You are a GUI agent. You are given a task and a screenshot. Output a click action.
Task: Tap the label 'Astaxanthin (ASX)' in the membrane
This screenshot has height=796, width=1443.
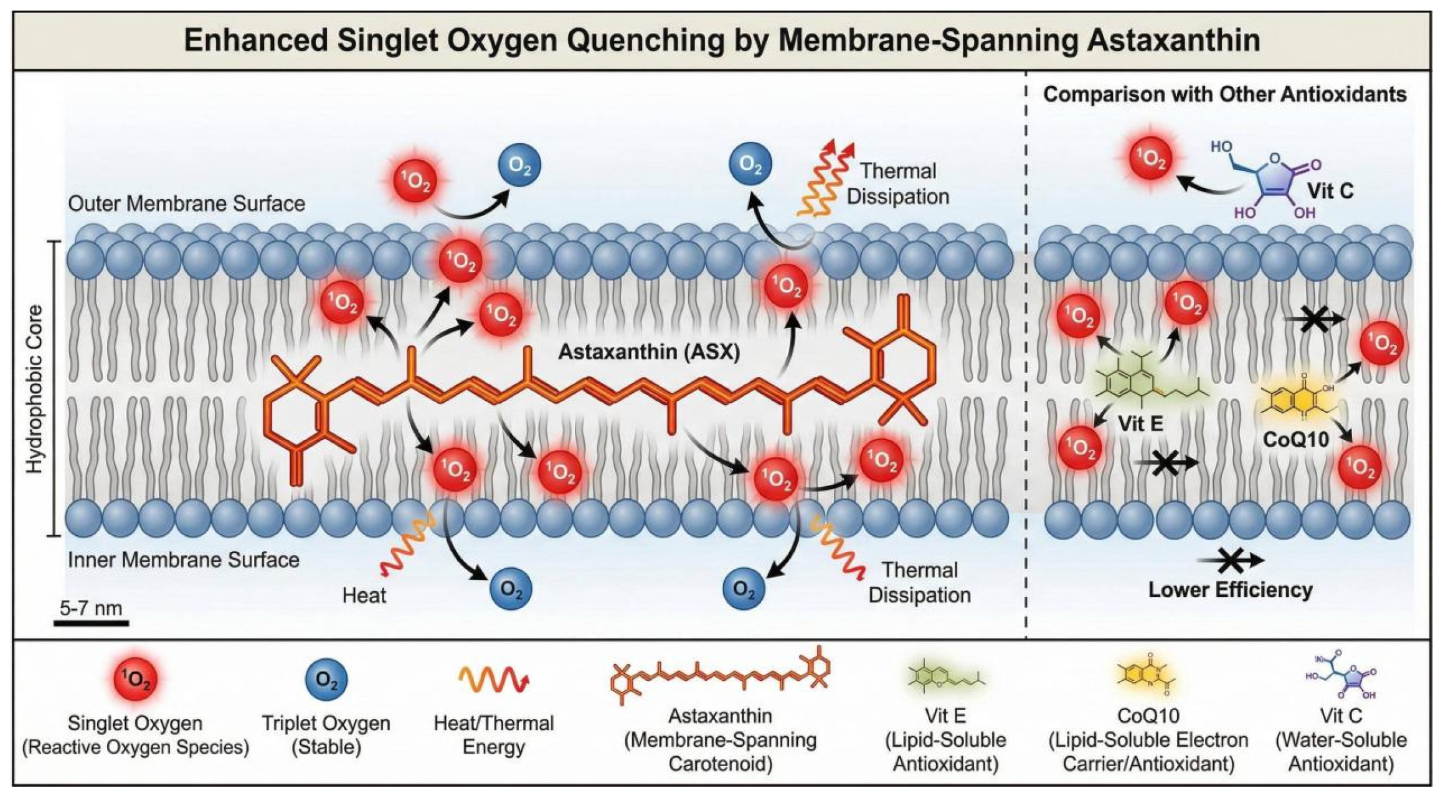point(648,352)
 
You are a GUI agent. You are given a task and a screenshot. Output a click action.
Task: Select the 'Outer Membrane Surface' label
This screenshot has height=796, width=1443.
point(186,204)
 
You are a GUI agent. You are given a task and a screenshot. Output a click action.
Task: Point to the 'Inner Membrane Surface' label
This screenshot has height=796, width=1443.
point(183,560)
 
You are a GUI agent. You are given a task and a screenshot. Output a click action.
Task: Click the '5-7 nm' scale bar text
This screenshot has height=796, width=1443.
point(91,607)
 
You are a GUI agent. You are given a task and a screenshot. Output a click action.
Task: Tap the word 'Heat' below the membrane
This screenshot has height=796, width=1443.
point(364,596)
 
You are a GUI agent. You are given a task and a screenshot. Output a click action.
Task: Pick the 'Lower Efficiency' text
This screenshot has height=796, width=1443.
point(1230,589)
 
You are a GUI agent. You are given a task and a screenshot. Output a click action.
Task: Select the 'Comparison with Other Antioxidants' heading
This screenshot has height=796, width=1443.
point(1224,95)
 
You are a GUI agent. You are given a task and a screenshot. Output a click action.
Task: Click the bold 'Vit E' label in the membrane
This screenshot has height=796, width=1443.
point(1140,423)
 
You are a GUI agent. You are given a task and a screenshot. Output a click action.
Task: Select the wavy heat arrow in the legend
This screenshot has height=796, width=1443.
point(494,680)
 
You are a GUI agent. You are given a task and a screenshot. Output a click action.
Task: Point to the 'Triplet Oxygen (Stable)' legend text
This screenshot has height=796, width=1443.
point(326,734)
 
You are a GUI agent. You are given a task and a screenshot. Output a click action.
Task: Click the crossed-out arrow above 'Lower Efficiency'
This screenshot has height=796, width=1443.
point(1230,560)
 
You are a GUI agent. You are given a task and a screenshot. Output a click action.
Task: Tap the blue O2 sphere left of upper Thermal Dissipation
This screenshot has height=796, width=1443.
point(750,165)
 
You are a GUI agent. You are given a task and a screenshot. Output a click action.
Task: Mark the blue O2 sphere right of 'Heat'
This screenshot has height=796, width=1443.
point(511,588)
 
